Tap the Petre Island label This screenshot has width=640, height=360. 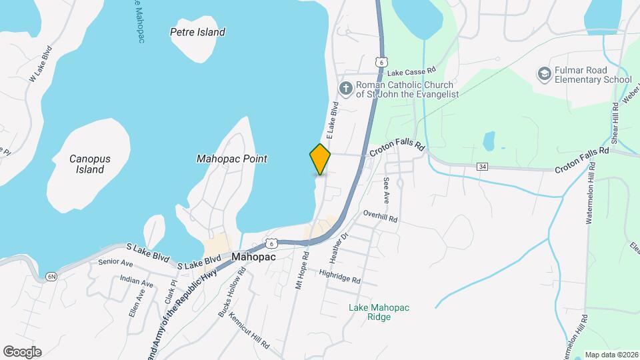point(197,32)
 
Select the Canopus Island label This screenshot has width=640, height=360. point(90,164)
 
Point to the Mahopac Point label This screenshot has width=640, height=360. point(232,159)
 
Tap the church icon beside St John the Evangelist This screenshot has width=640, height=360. point(345,89)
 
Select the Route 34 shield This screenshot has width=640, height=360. point(482,166)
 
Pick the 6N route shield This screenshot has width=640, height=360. point(51,276)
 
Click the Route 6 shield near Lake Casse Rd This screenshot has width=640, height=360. point(380,61)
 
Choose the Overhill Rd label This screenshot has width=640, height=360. point(380,216)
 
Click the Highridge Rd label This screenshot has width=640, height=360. point(339,276)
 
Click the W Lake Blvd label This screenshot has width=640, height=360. point(40,64)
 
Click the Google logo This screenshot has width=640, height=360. point(22,352)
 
